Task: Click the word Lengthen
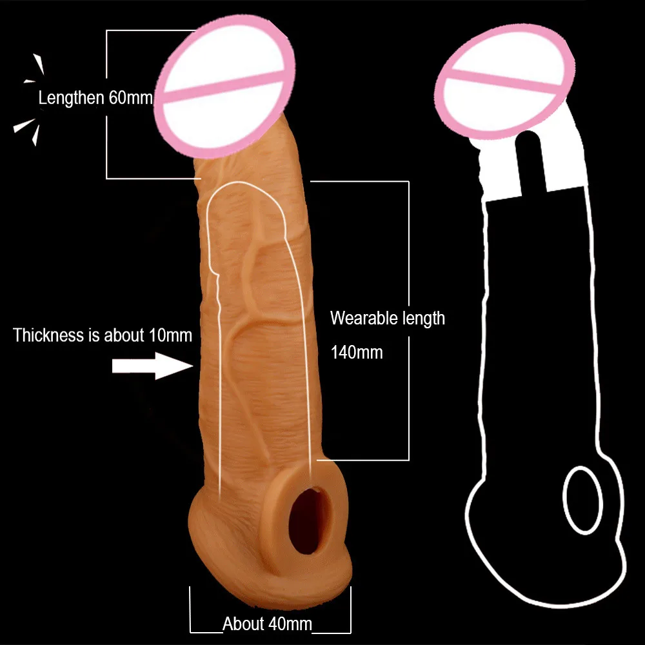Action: [x=71, y=99]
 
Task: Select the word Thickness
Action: [x=48, y=335]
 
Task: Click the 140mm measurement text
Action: [x=356, y=352]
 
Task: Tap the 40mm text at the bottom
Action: [x=290, y=624]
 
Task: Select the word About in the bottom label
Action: [x=244, y=624]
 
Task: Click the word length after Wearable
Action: [x=421, y=318]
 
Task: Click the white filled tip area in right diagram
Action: [x=568, y=174]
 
